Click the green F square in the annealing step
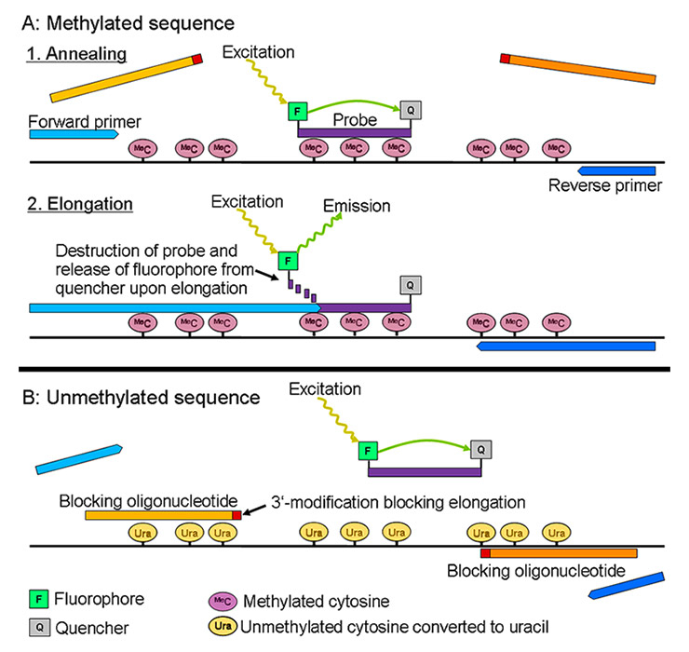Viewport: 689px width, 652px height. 297,112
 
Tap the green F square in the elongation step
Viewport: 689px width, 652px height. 286,261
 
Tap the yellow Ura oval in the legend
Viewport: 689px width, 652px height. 221,626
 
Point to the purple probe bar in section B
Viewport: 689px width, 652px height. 420,470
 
